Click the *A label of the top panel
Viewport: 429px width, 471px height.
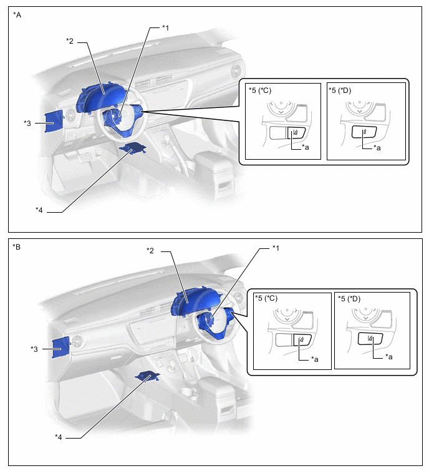point(17,15)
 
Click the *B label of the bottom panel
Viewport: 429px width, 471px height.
point(16,247)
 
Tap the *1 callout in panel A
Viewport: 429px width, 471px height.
point(165,28)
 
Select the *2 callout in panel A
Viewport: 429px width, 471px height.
point(70,41)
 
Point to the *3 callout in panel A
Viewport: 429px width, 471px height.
point(27,123)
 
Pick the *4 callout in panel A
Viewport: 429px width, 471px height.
point(39,210)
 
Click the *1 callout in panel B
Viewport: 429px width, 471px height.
point(276,248)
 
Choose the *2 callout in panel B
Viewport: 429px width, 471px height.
point(150,251)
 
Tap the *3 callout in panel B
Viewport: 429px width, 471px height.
point(34,349)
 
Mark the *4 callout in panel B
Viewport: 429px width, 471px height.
point(58,437)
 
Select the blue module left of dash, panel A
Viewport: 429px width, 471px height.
point(54,121)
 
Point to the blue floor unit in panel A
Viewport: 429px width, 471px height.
point(132,147)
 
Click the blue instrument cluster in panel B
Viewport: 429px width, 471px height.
point(195,303)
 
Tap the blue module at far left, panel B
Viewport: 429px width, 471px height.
point(62,347)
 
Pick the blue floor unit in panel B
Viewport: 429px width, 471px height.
point(147,376)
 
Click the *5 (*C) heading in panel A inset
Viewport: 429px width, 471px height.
point(260,90)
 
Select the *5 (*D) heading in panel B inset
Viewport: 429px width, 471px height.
point(349,299)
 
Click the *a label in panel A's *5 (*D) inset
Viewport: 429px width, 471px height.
point(377,148)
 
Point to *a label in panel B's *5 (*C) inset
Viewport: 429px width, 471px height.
point(315,359)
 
